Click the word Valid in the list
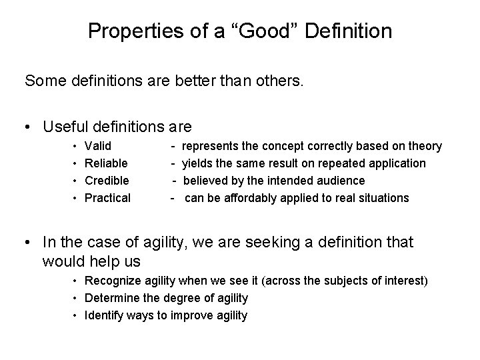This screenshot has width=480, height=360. pos(98,146)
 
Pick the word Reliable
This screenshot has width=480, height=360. pos(107,163)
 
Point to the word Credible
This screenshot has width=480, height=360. pos(107,181)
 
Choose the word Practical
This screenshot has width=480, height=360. pos(107,198)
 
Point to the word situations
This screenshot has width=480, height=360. pos(385,198)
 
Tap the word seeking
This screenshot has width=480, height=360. pos(240,243)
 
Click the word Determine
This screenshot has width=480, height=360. pos(111,298)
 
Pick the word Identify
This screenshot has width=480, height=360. pos(103,315)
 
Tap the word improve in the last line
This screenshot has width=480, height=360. pos(193,315)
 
